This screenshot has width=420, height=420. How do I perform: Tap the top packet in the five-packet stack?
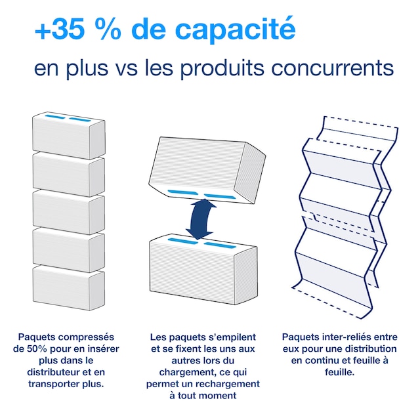tap(68, 135)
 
